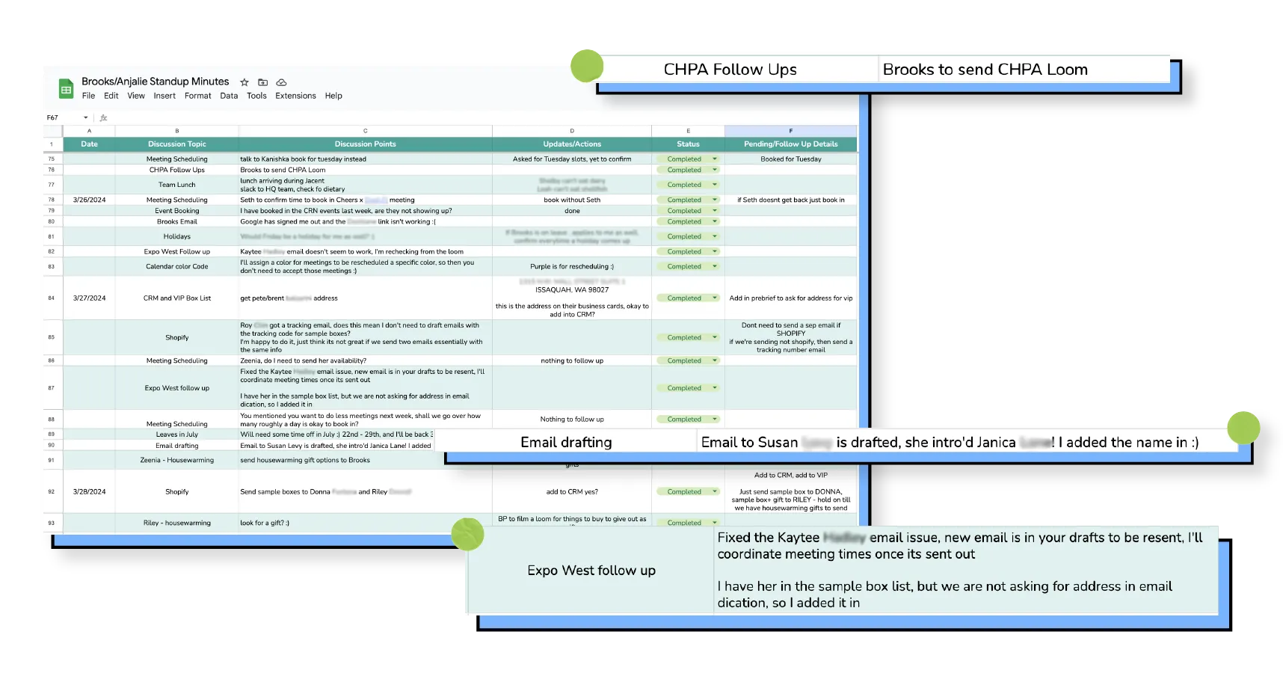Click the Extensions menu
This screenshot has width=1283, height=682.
click(x=295, y=96)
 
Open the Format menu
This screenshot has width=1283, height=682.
click(x=197, y=96)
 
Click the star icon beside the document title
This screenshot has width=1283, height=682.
click(x=244, y=82)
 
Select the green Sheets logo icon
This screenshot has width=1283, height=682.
click(x=67, y=89)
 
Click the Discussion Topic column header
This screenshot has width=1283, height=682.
click(x=176, y=144)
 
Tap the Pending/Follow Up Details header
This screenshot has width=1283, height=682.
click(x=790, y=144)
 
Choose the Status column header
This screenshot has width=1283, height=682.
click(x=688, y=144)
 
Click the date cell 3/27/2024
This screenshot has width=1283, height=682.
click(x=89, y=298)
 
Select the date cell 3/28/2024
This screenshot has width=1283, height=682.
click(x=89, y=492)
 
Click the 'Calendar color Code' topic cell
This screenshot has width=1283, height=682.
click(x=176, y=267)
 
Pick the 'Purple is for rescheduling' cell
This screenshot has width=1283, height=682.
click(x=571, y=267)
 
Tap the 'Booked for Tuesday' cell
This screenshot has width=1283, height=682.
click(x=790, y=159)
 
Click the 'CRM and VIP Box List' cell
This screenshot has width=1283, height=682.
click(x=176, y=298)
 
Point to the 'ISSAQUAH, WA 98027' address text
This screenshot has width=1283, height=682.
click(x=571, y=290)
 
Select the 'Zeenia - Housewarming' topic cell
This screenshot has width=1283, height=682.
click(x=176, y=461)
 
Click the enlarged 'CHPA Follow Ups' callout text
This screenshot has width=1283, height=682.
click(x=730, y=70)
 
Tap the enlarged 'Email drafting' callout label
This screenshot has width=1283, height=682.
click(x=566, y=443)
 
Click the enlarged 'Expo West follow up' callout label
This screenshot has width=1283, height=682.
click(x=591, y=571)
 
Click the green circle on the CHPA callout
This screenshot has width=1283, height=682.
click(x=587, y=66)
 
